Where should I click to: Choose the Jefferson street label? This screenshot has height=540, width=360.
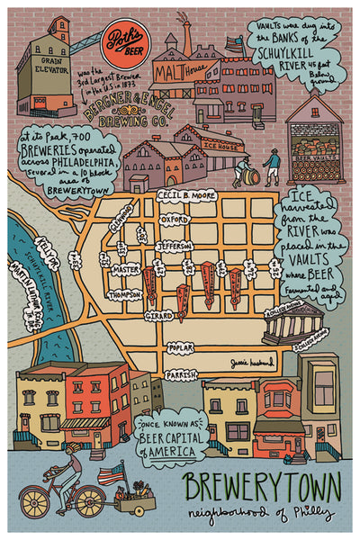tap(174, 245)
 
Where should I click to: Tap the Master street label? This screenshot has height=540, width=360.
tap(127, 268)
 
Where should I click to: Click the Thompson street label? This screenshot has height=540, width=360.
tap(125, 294)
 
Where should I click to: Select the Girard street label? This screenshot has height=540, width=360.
tap(159, 315)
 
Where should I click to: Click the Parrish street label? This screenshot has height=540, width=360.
tap(181, 373)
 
